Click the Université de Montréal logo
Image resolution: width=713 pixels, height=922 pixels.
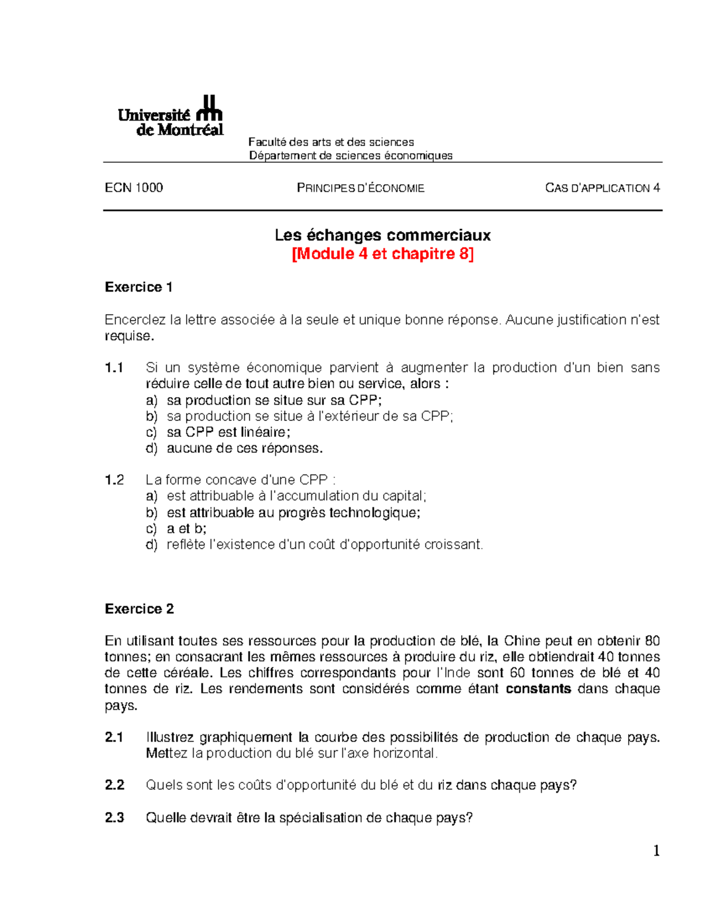point(170,116)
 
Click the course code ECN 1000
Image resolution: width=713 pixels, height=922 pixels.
point(134,188)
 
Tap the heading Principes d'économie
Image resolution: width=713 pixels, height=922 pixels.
point(360,188)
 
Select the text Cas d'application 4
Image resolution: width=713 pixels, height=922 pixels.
point(602,188)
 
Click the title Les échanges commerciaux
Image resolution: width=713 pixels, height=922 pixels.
point(382,236)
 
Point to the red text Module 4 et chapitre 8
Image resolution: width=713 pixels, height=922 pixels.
point(382,254)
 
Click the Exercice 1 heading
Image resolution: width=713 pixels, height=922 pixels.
point(138,287)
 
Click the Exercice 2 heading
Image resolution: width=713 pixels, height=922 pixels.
point(139,609)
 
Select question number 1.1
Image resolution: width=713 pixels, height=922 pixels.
point(114,368)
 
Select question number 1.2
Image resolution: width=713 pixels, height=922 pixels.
point(114,480)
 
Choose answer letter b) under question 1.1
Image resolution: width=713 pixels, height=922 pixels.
point(152,417)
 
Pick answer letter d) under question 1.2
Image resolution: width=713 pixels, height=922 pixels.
point(152,545)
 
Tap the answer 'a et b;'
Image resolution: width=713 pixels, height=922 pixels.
point(187,529)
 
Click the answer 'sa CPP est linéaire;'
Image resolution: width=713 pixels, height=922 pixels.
point(228,433)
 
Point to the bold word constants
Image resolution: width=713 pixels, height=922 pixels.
point(538,689)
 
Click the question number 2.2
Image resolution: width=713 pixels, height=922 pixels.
point(114,785)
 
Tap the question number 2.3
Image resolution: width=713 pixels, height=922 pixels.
point(114,818)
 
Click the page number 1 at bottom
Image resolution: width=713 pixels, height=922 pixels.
point(657,852)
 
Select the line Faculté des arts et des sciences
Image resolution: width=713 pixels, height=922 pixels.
point(331,142)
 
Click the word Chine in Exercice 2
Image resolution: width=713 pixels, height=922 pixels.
point(522,641)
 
